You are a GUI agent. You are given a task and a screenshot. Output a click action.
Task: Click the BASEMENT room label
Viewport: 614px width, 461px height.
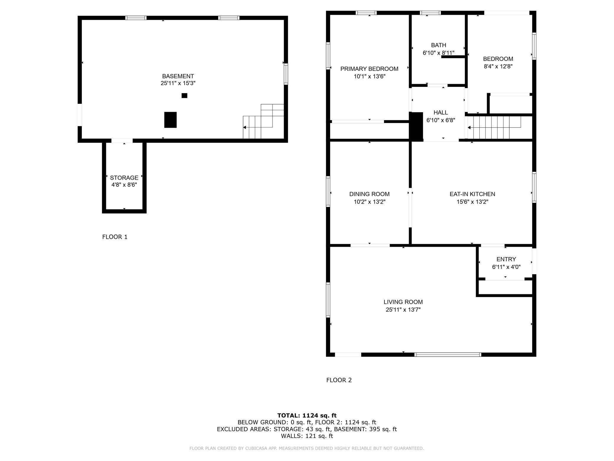[x=178, y=76]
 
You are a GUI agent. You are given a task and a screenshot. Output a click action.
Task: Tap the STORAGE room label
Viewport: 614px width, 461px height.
[x=124, y=178]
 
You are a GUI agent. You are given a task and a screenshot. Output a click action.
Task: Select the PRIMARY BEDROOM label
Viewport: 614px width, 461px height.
[x=369, y=69]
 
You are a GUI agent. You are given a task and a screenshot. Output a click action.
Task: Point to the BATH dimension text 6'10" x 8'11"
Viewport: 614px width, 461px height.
[x=438, y=53]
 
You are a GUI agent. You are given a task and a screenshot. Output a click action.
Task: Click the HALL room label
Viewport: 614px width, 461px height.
[x=441, y=113]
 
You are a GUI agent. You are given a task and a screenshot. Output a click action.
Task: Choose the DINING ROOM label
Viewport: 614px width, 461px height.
[x=369, y=194]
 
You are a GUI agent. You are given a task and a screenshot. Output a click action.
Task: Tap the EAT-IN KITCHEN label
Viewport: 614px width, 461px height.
[x=472, y=194]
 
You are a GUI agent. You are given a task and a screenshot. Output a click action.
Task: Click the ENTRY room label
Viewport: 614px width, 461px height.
[x=506, y=259]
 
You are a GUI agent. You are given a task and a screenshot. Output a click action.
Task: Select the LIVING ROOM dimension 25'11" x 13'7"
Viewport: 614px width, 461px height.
[x=403, y=310]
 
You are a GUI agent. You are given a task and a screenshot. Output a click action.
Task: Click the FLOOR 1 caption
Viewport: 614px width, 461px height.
[x=115, y=237]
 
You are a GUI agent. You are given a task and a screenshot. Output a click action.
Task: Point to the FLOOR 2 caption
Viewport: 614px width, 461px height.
[x=339, y=380]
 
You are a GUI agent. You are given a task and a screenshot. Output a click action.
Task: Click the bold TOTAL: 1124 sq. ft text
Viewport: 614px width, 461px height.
[x=307, y=415]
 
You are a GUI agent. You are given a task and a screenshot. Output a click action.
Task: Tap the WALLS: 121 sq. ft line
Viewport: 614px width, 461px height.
[x=307, y=436]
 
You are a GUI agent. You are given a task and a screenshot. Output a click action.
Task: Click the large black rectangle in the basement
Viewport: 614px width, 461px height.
[x=170, y=120]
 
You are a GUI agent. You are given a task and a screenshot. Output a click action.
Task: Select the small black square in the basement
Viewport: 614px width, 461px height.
[x=184, y=95]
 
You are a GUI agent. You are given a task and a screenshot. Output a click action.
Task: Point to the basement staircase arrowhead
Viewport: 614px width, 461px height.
[x=244, y=127]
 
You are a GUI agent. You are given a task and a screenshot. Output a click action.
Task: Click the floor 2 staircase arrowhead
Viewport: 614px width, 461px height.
[x=469, y=128]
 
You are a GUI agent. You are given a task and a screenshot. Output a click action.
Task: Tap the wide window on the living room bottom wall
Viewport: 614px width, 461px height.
[x=448, y=355]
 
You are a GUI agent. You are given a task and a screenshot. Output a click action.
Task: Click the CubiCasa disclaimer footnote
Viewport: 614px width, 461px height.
[x=307, y=448]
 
